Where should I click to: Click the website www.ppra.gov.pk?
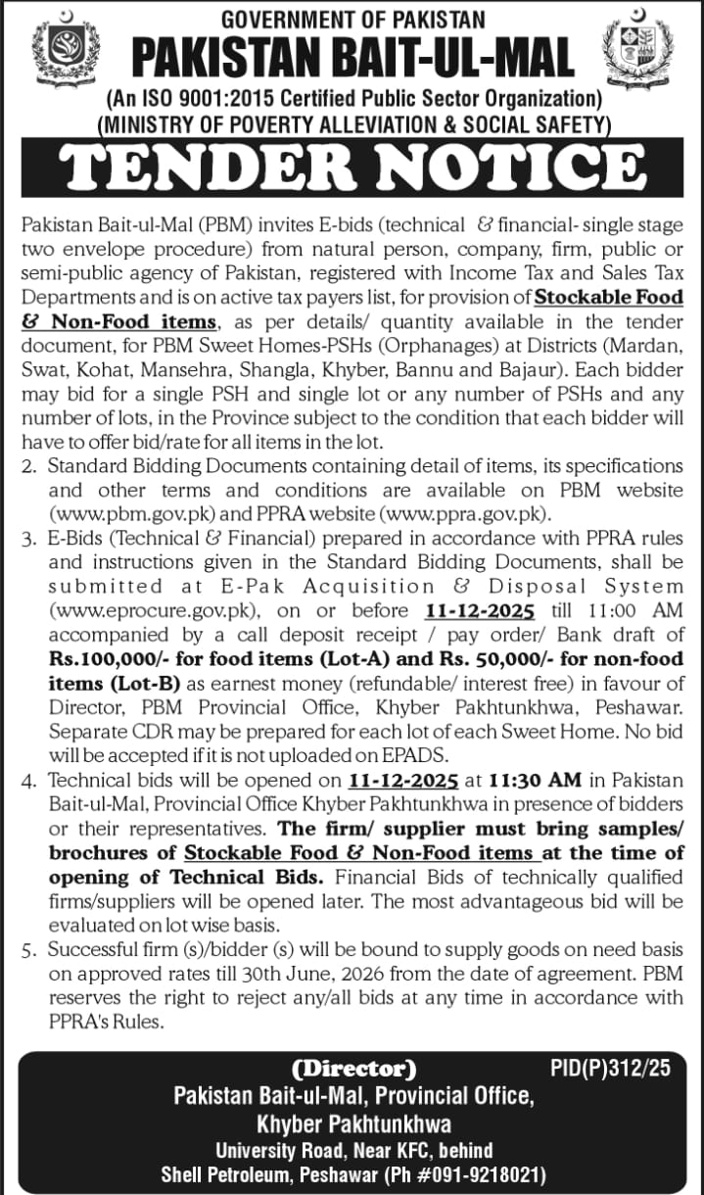tap(476, 512)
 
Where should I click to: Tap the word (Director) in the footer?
tap(354, 1067)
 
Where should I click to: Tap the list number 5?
tap(26, 950)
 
